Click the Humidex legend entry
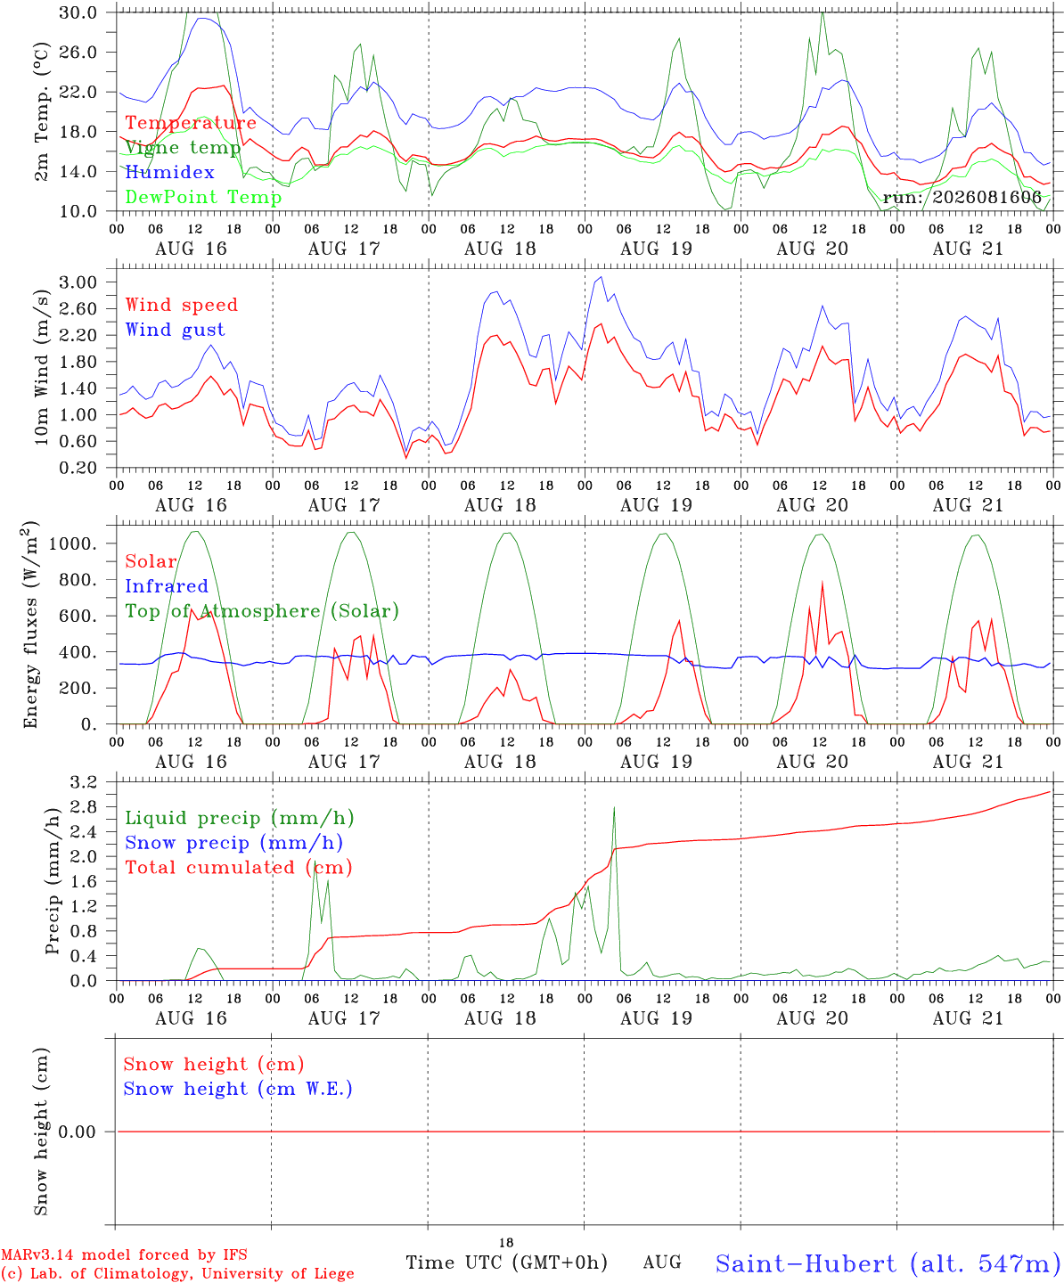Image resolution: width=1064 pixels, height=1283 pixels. click(169, 172)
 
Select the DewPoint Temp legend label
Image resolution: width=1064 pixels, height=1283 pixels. click(203, 197)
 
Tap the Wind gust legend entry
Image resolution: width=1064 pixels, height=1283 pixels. click(176, 330)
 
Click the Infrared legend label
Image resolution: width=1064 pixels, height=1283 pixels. click(167, 586)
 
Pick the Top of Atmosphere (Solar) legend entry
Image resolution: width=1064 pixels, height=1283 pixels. click(263, 611)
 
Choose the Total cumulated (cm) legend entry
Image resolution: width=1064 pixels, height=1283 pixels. click(239, 868)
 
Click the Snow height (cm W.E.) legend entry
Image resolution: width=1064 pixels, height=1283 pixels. click(238, 1089)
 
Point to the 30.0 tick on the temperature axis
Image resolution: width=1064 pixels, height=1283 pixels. click(78, 12)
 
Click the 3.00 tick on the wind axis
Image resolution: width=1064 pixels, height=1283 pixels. click(78, 282)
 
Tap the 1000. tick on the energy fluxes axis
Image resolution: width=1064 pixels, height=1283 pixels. click(73, 543)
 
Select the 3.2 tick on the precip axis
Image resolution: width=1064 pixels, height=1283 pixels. click(84, 782)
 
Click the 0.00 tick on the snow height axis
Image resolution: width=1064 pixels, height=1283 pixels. click(77, 1132)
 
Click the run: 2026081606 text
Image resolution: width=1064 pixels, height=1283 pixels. click(962, 197)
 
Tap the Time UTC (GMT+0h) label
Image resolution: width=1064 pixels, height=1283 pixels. click(506, 1263)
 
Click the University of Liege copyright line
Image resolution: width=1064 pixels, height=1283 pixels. click(177, 1273)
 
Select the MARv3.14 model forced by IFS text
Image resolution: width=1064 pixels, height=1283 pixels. click(124, 1254)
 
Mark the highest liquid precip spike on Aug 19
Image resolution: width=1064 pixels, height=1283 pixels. click(614, 807)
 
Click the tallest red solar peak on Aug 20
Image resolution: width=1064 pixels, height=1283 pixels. click(823, 582)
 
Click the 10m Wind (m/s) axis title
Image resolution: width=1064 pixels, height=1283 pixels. click(41, 367)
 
